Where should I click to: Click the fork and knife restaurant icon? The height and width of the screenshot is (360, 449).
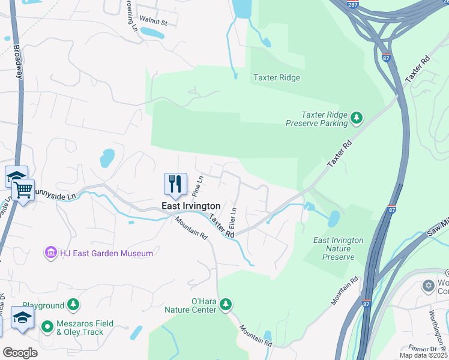pos(175,184)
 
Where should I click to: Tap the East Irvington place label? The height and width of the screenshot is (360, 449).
pos(191,206)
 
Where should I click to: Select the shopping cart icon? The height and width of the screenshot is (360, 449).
pos(23,190)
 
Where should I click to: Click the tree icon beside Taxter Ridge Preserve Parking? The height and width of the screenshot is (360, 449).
pos(357,117)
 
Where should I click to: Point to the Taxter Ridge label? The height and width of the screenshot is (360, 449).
pos(276,77)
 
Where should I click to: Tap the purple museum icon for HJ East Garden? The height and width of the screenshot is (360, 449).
pos(50,253)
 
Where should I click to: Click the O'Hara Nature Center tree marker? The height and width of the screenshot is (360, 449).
pos(226,304)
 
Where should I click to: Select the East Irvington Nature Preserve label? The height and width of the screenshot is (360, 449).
pos(339,248)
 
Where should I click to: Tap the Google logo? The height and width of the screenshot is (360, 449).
pos(20,353)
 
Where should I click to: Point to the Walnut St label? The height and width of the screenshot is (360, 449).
pos(152,22)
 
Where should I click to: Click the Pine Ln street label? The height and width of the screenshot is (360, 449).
pos(197,185)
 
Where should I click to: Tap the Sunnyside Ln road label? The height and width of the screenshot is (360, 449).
pos(55,196)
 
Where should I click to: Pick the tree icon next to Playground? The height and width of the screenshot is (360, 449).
pos(73,305)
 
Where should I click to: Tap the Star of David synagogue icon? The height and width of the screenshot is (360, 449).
pos(429,285)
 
